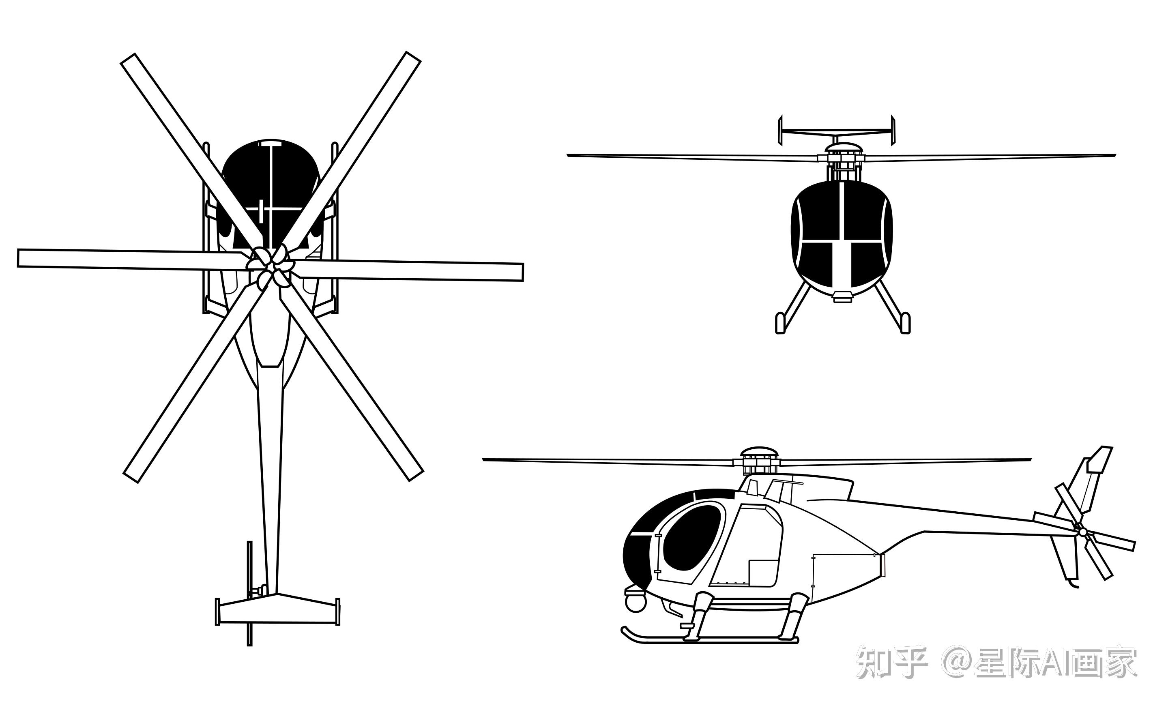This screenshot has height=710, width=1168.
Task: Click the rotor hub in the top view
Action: pos(269,266)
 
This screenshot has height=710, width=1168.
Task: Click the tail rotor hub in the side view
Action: pos(1083,533)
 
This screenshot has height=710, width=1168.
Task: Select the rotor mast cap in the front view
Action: pos(843,148)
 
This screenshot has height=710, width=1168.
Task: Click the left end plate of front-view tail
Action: pos(780,130)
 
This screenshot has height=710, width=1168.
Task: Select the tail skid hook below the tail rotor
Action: pos(1073,584)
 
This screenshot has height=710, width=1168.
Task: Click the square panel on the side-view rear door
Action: pos(763,573)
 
